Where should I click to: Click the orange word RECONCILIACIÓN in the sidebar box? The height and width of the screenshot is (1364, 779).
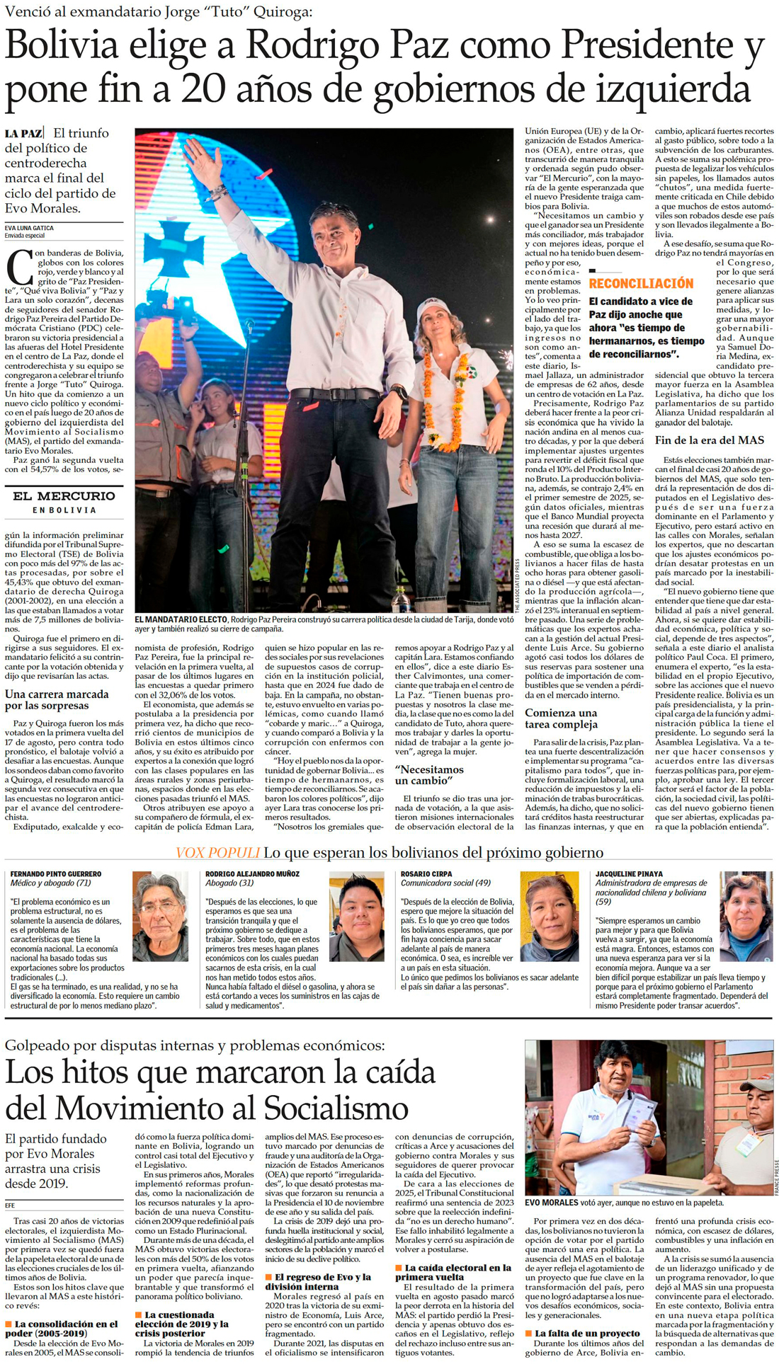tap(641, 283)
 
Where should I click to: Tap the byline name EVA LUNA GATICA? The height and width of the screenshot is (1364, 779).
tap(29, 228)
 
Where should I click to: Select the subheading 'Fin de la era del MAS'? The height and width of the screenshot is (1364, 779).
tap(709, 440)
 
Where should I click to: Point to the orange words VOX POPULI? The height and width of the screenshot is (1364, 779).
tap(217, 853)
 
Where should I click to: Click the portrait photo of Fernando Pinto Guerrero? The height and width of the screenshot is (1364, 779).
tap(160, 916)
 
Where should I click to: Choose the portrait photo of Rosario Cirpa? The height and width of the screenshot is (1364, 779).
tap(550, 916)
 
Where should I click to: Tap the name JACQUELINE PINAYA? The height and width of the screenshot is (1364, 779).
tap(630, 874)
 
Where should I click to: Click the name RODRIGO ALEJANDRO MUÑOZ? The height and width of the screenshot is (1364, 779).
tap(252, 874)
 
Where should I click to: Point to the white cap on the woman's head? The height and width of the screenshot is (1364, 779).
tap(433, 308)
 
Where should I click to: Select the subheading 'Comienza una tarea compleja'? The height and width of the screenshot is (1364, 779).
tap(561, 718)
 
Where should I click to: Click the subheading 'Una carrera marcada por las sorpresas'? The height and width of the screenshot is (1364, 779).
tap(57, 699)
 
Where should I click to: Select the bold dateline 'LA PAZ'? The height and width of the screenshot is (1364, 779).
tap(23, 133)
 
